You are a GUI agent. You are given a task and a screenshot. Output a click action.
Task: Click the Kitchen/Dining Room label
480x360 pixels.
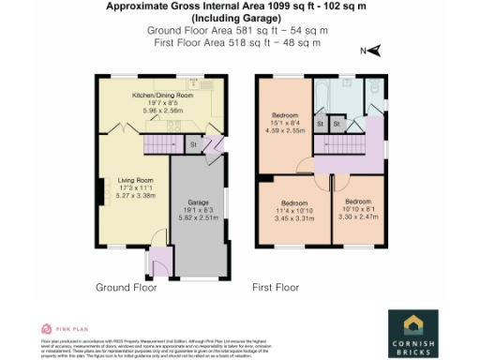[162, 96]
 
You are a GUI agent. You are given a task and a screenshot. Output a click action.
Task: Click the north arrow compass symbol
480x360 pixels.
[371, 52]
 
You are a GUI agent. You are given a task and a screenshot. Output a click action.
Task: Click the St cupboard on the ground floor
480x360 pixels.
[193, 144]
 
